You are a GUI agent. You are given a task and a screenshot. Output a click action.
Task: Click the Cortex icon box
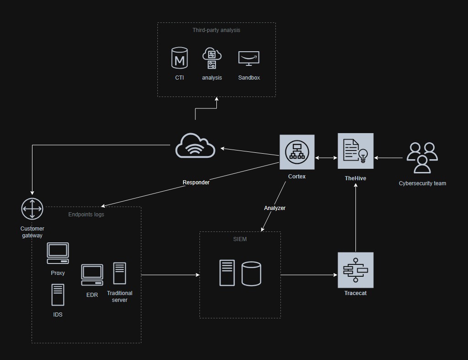tap(297, 152)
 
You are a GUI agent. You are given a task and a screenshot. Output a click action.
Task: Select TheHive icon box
tap(355, 151)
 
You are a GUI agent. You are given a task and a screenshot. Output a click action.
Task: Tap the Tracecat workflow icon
tap(355, 270)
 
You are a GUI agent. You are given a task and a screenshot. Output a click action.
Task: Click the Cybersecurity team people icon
tap(422, 158)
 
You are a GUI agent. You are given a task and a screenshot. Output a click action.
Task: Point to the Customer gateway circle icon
tap(32, 209)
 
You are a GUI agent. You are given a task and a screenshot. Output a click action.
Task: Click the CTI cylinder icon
tap(179, 59)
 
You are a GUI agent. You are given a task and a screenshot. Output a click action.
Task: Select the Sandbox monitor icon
tap(249, 59)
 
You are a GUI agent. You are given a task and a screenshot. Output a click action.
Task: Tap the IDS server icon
tap(58, 295)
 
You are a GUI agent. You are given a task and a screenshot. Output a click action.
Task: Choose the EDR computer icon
tap(92, 275)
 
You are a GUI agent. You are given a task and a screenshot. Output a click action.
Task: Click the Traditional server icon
tap(119, 274)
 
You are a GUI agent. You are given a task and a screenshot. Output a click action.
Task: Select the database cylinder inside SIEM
tap(251, 273)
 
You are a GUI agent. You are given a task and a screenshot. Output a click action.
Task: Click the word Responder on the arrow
tap(196, 183)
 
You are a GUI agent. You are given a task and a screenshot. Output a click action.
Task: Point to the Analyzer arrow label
tap(274, 208)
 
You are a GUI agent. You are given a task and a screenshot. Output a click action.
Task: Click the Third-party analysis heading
tap(216, 30)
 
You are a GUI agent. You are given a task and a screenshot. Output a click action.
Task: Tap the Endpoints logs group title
tap(86, 214)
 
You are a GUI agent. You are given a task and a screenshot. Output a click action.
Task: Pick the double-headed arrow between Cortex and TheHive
tap(326, 158)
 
